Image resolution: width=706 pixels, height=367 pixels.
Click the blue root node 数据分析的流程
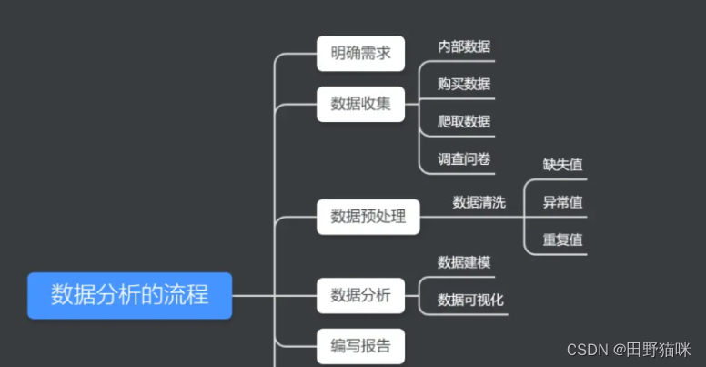coord(129,295)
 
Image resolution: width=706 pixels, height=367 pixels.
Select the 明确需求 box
coord(360,54)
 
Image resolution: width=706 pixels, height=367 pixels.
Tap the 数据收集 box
coord(360,104)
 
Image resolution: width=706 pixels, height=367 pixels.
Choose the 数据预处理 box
coord(368,217)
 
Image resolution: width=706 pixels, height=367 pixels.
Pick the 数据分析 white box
coord(360,295)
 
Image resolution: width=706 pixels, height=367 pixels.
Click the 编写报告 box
coord(360,345)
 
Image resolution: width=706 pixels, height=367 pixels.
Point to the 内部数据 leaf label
coord(464,46)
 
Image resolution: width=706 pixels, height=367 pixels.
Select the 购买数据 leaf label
coord(464,84)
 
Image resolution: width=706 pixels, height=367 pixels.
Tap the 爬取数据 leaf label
coord(464,121)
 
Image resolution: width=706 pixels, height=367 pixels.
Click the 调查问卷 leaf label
coord(464,158)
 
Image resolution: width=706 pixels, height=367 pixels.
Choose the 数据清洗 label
coord(479,202)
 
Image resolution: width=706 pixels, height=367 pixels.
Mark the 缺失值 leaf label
coord(562,165)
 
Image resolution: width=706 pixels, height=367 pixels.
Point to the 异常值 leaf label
coord(562,202)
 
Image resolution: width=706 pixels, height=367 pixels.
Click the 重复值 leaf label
coord(562,240)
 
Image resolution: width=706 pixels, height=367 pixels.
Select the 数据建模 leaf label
coord(464,262)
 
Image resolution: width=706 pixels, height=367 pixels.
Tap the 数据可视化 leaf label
coord(470,300)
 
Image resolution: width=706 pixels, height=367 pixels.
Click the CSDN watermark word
coord(587,350)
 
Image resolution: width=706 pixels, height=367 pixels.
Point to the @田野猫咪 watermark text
coord(651,350)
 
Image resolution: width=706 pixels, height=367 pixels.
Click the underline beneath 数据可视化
coord(470,315)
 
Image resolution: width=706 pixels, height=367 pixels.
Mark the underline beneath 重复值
coord(562,254)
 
